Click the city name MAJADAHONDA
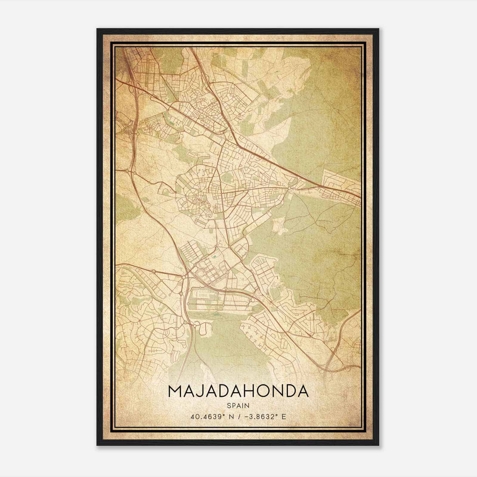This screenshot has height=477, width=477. pyautogui.click(x=238, y=391)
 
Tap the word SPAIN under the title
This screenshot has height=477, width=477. pyautogui.click(x=238, y=405)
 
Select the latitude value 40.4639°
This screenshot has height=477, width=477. pyautogui.click(x=207, y=416)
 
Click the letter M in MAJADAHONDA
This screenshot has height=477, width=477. pyautogui.click(x=176, y=391)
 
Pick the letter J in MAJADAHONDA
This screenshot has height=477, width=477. pyautogui.click(x=205, y=391)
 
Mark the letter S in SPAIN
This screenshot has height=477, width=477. pyautogui.click(x=228, y=405)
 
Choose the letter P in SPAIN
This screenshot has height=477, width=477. pyautogui.click(x=233, y=405)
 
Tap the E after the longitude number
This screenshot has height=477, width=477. pyautogui.click(x=284, y=416)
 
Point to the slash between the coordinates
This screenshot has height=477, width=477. pyautogui.click(x=238, y=416)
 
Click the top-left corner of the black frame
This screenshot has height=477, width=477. pyautogui.click(x=97, y=29)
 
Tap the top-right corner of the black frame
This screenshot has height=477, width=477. pyautogui.click(x=379, y=29)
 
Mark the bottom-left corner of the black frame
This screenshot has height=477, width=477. pyautogui.click(x=97, y=445)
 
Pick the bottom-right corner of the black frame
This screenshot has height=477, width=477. pyautogui.click(x=379, y=445)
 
